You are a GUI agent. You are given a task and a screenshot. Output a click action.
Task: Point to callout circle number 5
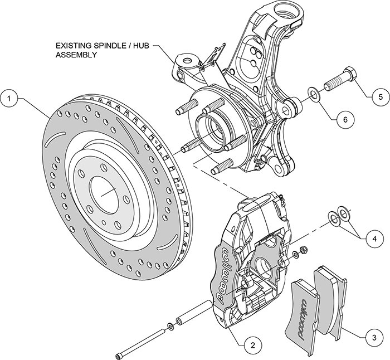click(x=381, y=96)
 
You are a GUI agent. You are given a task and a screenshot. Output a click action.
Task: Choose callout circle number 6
click(x=344, y=119)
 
